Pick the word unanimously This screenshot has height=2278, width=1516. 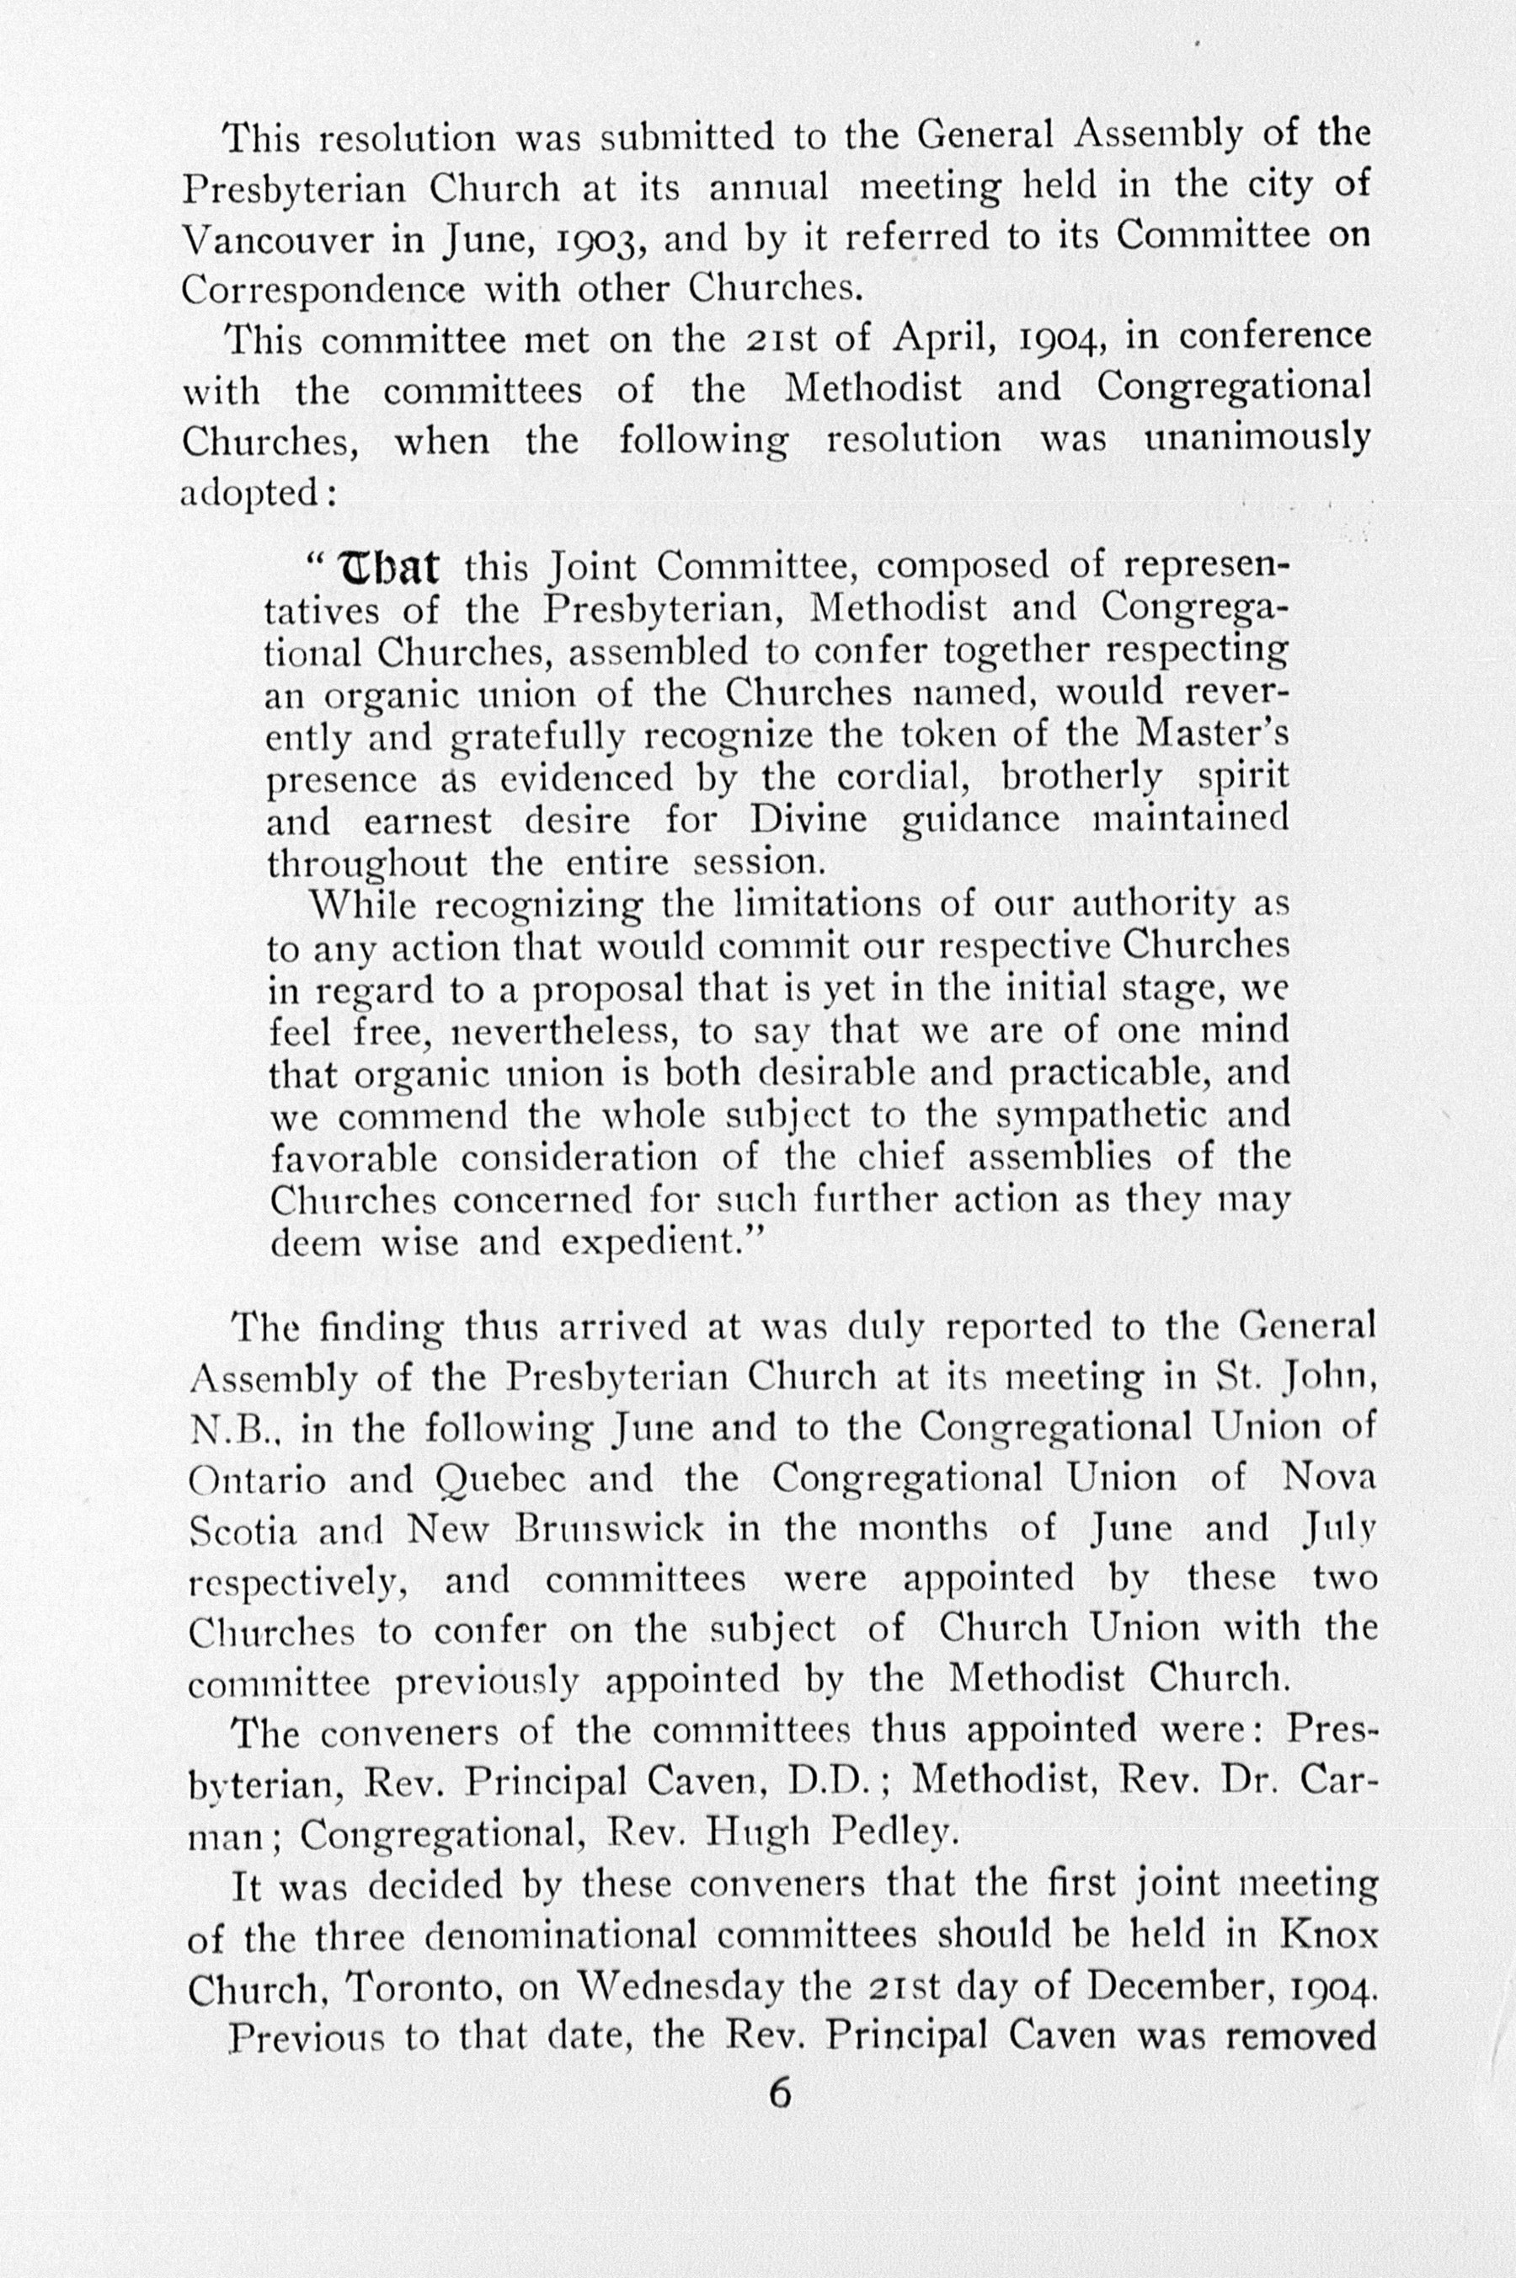pyautogui.click(x=1257, y=441)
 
